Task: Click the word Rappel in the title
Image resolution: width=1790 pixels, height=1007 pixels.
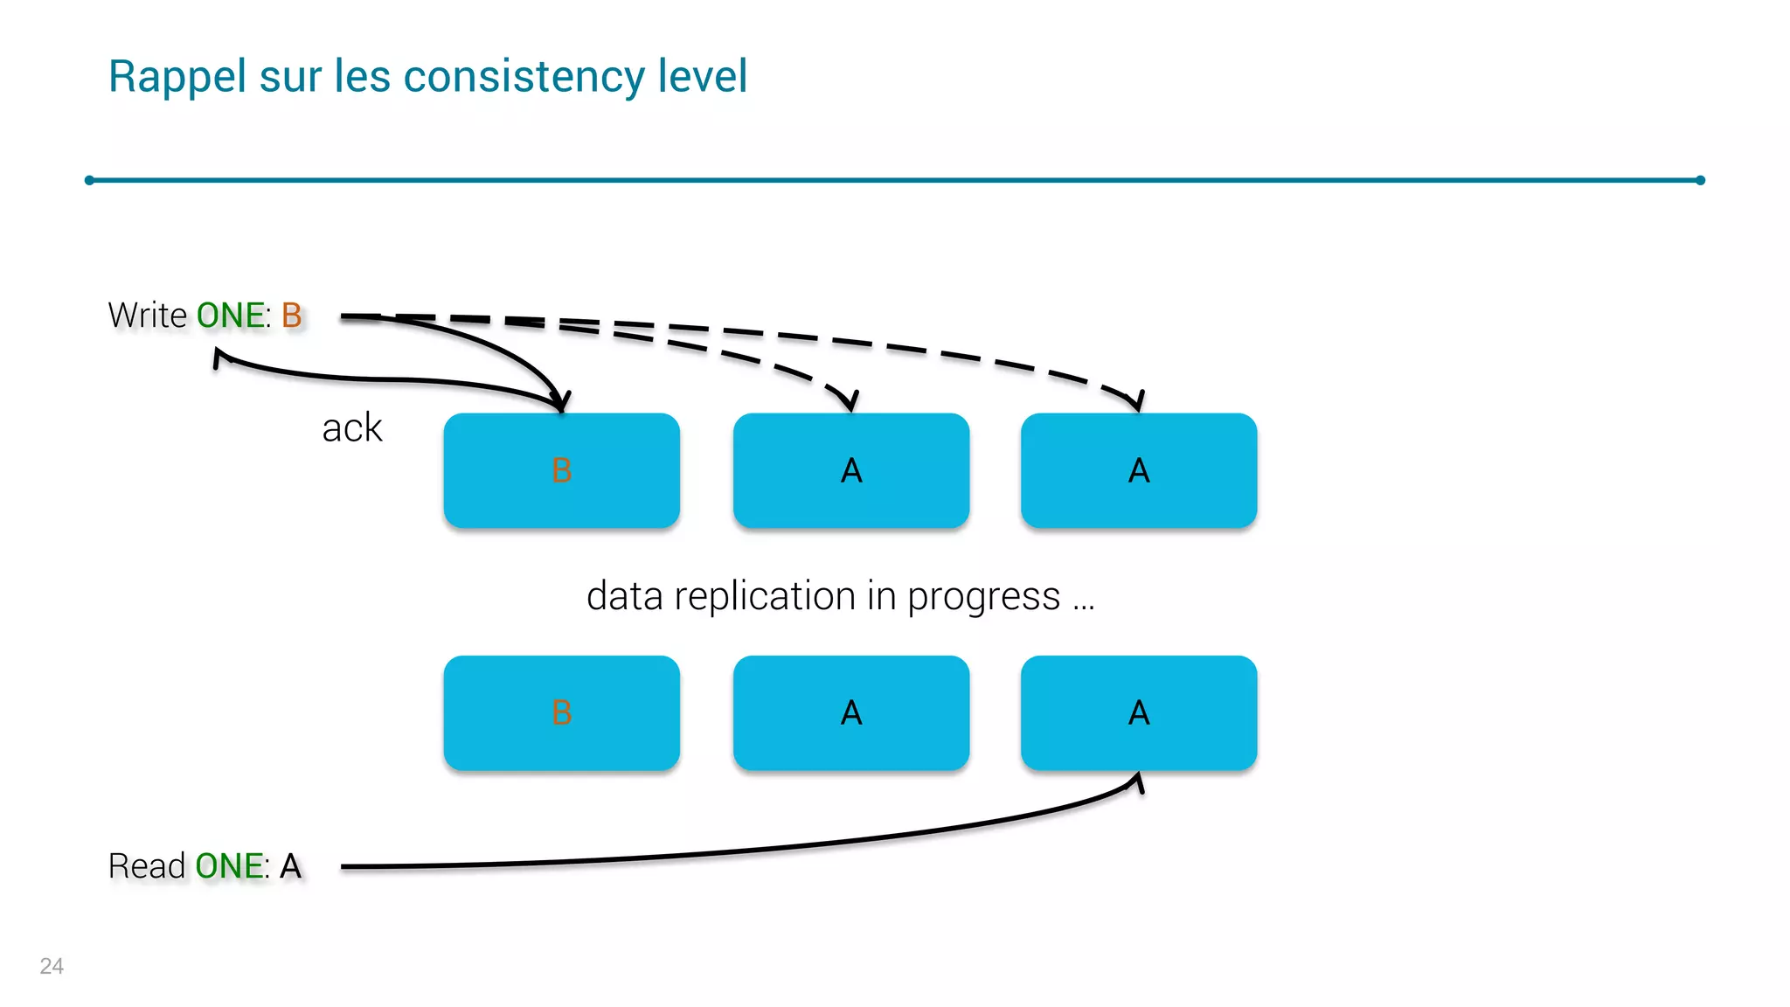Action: [x=177, y=77]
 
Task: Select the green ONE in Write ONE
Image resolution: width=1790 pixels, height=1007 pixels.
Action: [x=232, y=316]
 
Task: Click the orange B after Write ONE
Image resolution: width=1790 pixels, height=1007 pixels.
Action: [x=292, y=316]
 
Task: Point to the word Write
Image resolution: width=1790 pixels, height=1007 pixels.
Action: [x=148, y=316]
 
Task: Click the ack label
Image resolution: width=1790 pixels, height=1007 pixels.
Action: [x=352, y=428]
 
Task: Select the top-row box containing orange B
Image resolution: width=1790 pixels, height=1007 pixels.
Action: [x=562, y=470]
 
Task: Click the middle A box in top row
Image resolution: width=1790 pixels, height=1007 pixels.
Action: [x=851, y=470]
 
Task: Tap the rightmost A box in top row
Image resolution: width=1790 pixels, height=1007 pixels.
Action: [x=1139, y=470]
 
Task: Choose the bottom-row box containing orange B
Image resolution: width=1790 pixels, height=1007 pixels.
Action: [x=562, y=712]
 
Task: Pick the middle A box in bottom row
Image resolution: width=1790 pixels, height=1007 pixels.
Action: [x=851, y=712]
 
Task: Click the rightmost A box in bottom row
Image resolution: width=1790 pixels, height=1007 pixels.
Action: [x=1139, y=712]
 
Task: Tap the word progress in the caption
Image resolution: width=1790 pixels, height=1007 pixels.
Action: [x=983, y=598]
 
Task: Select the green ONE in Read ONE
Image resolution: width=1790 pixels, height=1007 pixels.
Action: [x=231, y=866]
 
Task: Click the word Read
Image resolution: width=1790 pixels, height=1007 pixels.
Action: [x=147, y=866]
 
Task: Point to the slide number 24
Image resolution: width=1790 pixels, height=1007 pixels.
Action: [x=52, y=966]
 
